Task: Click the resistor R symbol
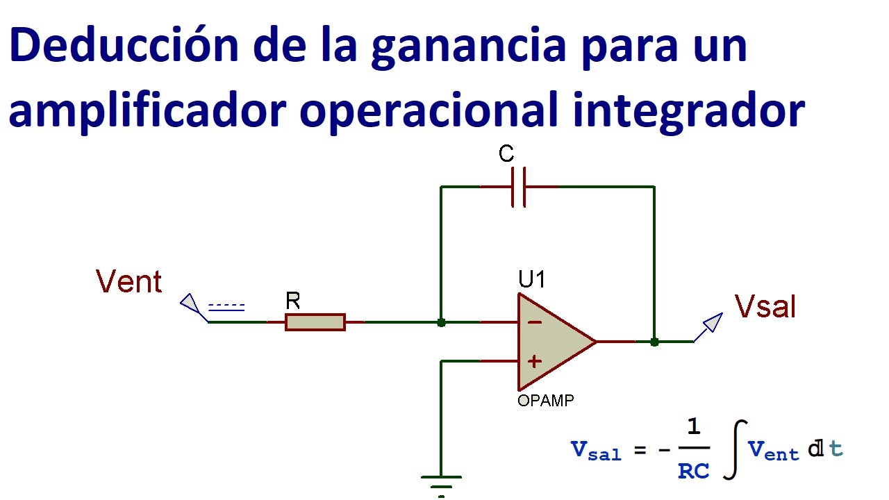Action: tap(315, 322)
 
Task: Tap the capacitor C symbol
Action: tap(518, 187)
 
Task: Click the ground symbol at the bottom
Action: tap(441, 482)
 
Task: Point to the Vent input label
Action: tap(129, 283)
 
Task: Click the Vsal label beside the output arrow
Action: tap(765, 306)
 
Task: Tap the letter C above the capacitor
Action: tap(506, 154)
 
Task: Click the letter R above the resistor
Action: tap(293, 301)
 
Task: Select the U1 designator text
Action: tap(532, 280)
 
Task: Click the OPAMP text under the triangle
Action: tap(546, 401)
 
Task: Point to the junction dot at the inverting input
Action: tap(441, 322)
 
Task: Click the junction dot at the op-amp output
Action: tap(654, 342)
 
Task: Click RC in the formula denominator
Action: tap(694, 472)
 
